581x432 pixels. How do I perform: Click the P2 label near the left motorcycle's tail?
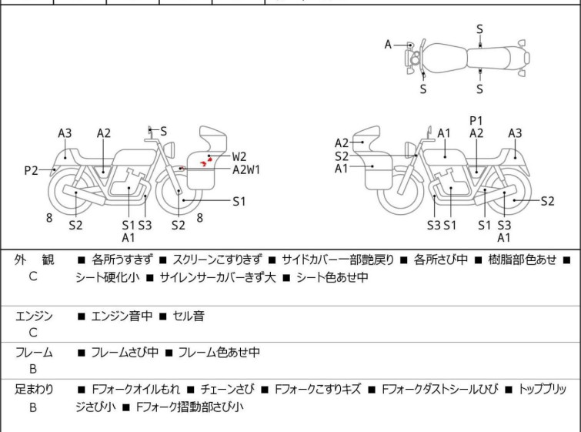point(31,171)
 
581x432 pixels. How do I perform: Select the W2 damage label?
point(239,156)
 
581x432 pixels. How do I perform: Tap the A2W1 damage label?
point(246,170)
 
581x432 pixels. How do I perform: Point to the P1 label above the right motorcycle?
point(476,120)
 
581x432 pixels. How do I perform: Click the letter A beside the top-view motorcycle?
point(389,45)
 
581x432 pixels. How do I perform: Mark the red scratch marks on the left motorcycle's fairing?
point(206,159)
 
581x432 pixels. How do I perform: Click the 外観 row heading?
point(34,260)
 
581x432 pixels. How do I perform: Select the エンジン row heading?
point(34,316)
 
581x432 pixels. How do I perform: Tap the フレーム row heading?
point(34,353)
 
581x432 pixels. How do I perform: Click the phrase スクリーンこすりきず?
point(218,260)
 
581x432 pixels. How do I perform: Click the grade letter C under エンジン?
point(33,333)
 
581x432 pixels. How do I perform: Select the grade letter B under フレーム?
point(33,370)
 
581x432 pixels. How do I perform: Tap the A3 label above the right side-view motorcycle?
point(515,133)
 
